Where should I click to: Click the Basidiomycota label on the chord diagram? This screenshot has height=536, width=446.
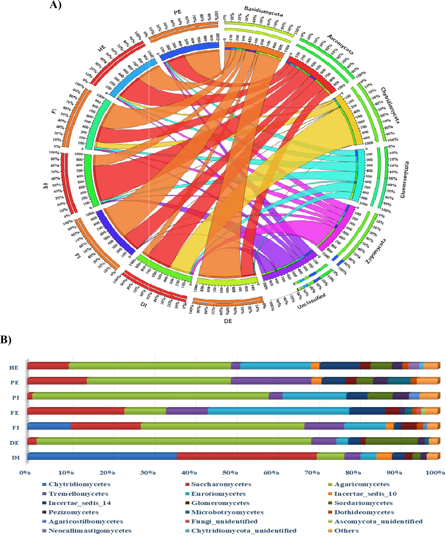tap(264, 11)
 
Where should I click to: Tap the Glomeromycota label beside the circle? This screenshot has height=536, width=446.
tap(405, 180)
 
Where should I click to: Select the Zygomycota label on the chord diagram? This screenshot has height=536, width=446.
tap(376, 251)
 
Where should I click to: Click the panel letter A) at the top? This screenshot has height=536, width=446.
tap(55, 5)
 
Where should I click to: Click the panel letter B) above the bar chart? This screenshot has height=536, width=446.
tap(6, 340)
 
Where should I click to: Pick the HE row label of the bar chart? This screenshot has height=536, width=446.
tap(14, 368)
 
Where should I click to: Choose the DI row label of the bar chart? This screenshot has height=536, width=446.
tap(15, 458)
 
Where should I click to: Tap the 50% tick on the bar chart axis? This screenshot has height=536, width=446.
tap(230, 473)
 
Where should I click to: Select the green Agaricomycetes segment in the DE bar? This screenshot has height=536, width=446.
tap(174, 441)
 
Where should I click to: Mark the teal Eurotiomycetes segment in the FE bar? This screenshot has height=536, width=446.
tap(278, 411)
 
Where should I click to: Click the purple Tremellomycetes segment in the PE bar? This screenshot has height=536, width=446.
tap(271, 381)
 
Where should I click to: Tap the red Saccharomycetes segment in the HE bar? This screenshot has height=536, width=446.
tap(48, 366)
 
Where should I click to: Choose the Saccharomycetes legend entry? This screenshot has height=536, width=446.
tap(221, 484)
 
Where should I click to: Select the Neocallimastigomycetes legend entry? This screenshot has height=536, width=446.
tap(90, 530)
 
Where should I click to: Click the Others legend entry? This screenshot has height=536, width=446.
tap(346, 530)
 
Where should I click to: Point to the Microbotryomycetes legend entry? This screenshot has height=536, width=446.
tap(227, 512)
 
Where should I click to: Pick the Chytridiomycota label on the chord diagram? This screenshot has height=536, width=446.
tap(390, 105)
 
